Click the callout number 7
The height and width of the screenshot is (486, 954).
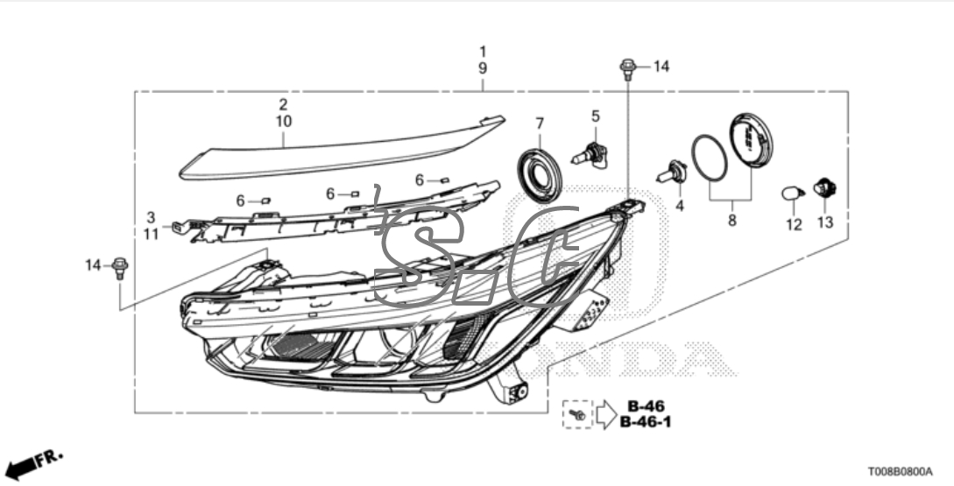coord(540,123)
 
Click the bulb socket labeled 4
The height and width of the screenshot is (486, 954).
coord(676,171)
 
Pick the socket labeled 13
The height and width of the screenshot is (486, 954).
coord(824,187)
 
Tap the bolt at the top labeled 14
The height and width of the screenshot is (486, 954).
coord(627,67)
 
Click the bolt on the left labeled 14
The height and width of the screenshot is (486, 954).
coord(121,266)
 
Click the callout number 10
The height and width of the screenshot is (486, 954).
coord(283,121)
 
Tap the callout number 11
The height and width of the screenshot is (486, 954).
coord(151,233)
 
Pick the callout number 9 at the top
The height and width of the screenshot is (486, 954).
coord(483,67)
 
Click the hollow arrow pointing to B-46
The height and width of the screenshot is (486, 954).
coord(605,413)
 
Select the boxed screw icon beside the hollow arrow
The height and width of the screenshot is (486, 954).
coord(576,413)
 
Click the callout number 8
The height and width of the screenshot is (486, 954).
coord(732,221)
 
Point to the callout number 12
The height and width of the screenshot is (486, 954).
coord(794,224)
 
